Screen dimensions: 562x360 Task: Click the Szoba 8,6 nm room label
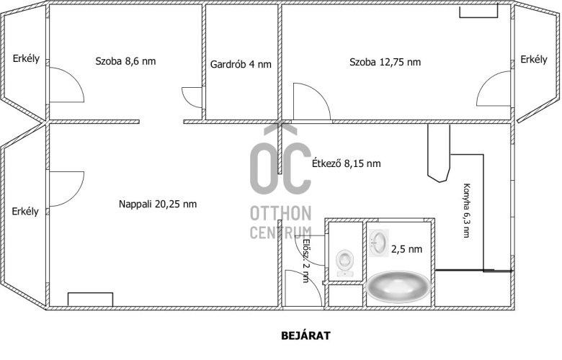pyautogui.click(x=125, y=61)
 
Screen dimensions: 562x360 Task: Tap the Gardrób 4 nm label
pyautogui.click(x=241, y=65)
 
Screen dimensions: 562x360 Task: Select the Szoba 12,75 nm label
pyautogui.click(x=385, y=62)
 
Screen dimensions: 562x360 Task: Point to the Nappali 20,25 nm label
pyautogui.click(x=158, y=204)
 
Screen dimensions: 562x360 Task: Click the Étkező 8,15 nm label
pyautogui.click(x=347, y=163)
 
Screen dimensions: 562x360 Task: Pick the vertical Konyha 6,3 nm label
pyautogui.click(x=466, y=210)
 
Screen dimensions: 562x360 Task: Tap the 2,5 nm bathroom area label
pyautogui.click(x=406, y=249)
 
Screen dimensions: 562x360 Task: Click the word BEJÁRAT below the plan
pyautogui.click(x=305, y=336)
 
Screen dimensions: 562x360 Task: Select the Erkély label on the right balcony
pyautogui.click(x=534, y=60)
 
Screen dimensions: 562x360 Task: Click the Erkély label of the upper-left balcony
pyautogui.click(x=26, y=59)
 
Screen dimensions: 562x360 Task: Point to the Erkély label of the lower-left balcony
pyautogui.click(x=25, y=212)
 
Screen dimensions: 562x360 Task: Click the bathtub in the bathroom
pyautogui.click(x=398, y=287)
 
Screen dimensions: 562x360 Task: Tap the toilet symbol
pyautogui.click(x=345, y=263)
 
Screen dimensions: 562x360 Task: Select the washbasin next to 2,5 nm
pyautogui.click(x=379, y=243)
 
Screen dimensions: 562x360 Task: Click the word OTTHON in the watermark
pyautogui.click(x=281, y=214)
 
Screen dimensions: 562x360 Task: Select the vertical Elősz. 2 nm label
pyautogui.click(x=305, y=261)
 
